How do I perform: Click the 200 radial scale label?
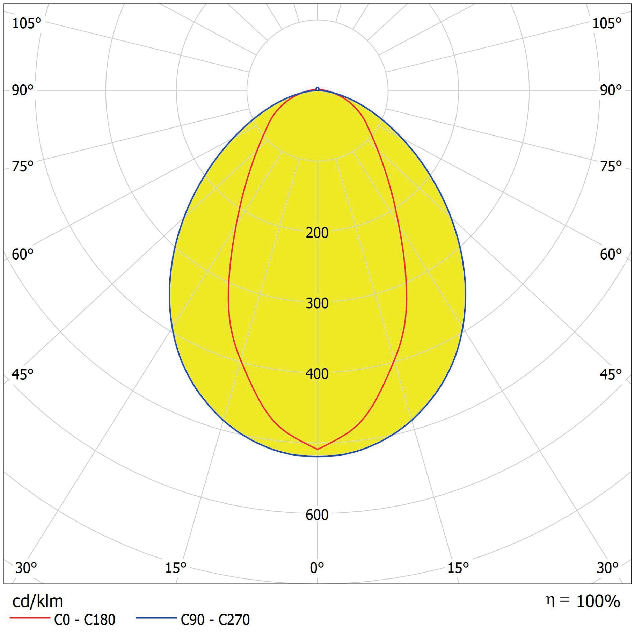click(317, 233)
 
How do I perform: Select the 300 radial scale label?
click(317, 303)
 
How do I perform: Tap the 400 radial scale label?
click(317, 374)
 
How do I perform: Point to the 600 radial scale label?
click(317, 515)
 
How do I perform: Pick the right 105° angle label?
click(607, 23)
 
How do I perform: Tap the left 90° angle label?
click(23, 90)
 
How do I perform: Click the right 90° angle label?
click(611, 90)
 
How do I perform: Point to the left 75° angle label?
click(23, 166)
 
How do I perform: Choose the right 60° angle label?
click(611, 255)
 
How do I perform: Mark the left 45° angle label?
click(23, 374)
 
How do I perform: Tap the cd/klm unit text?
click(38, 601)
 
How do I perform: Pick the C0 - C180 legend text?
click(85, 620)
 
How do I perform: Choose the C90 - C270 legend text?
click(215, 620)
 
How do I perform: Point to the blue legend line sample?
click(156, 617)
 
